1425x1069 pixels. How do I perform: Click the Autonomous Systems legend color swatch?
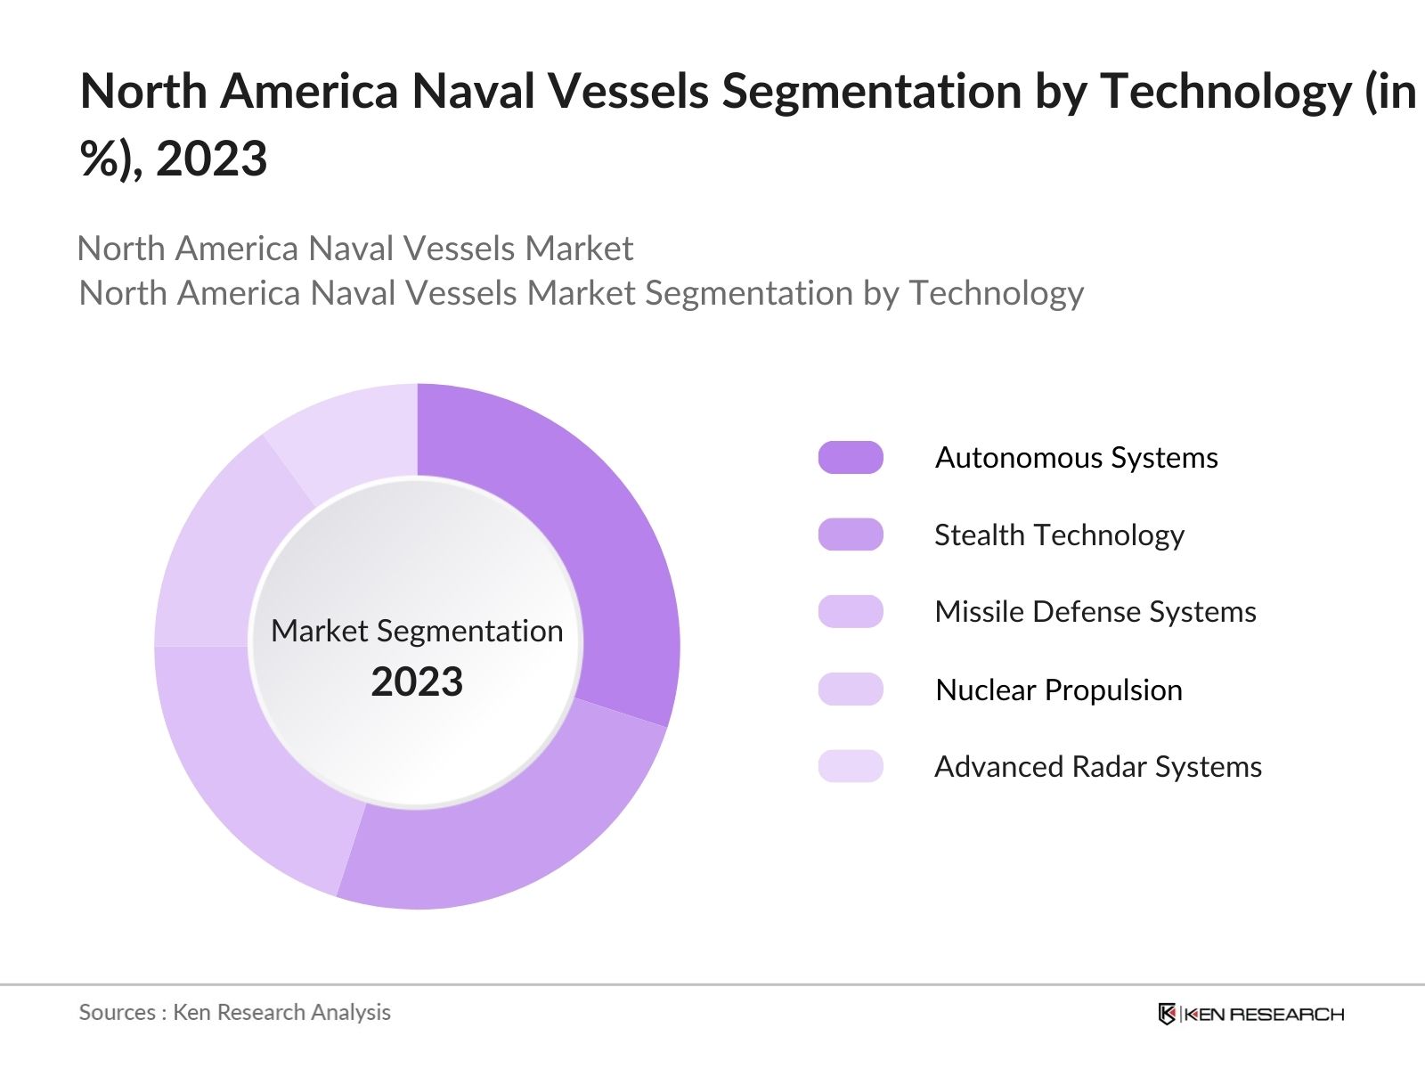click(851, 457)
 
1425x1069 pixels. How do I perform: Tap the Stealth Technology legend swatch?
click(851, 534)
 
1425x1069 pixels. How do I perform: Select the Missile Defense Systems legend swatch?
click(851, 612)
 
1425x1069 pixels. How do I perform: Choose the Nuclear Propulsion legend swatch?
click(851, 690)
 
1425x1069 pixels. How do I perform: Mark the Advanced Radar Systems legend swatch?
click(851, 766)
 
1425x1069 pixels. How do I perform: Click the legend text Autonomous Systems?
click(1076, 457)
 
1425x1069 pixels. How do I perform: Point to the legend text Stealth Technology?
click(1059, 534)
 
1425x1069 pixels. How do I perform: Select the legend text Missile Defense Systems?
click(1095, 612)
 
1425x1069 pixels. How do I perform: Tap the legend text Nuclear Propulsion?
click(1059, 690)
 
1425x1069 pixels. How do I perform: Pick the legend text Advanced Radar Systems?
click(1098, 766)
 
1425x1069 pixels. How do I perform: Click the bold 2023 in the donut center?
click(417, 682)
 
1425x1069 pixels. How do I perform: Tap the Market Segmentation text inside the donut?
click(417, 631)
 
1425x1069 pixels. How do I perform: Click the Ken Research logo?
click(1250, 1014)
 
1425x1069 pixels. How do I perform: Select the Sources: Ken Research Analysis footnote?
click(235, 1012)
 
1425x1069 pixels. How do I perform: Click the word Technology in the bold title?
click(1225, 91)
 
